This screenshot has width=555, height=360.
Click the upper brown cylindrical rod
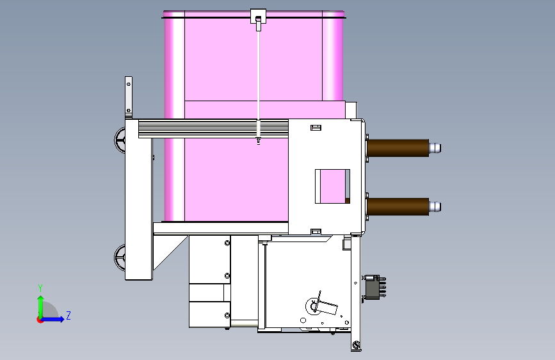[398, 148]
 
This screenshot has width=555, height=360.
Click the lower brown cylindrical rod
[398, 206]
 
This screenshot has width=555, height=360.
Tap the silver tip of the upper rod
[435, 148]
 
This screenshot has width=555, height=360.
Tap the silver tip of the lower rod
[435, 206]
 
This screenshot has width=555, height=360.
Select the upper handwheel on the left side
[120, 140]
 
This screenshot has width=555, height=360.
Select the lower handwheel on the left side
[120, 258]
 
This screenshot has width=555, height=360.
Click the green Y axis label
[40, 288]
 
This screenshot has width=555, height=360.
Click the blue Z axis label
[68, 315]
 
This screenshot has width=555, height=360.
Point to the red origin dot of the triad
[40, 320]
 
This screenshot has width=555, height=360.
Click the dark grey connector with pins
[374, 287]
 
